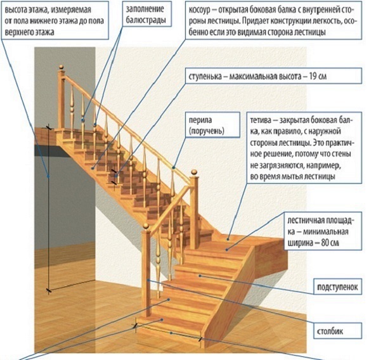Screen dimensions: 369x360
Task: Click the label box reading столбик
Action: point(338,331)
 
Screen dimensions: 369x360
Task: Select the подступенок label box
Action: point(338,286)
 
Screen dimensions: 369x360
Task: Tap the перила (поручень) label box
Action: point(213,125)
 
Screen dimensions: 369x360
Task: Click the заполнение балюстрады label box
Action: point(147,14)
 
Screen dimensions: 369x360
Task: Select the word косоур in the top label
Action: point(202,10)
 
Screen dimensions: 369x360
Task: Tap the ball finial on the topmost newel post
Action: point(61,68)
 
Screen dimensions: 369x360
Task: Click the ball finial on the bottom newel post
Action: point(146,226)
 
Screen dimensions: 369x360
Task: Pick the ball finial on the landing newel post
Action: point(194,172)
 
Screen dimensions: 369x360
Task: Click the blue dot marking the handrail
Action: point(174,167)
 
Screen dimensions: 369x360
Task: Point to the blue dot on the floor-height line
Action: point(48,176)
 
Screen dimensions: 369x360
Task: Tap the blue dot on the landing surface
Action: point(227,250)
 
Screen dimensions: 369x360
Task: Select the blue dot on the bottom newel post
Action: point(148,280)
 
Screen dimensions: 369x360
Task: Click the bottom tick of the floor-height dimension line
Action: point(49,291)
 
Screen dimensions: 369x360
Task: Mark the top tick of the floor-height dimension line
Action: point(48,127)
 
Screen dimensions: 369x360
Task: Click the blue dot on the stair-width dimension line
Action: point(171,333)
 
